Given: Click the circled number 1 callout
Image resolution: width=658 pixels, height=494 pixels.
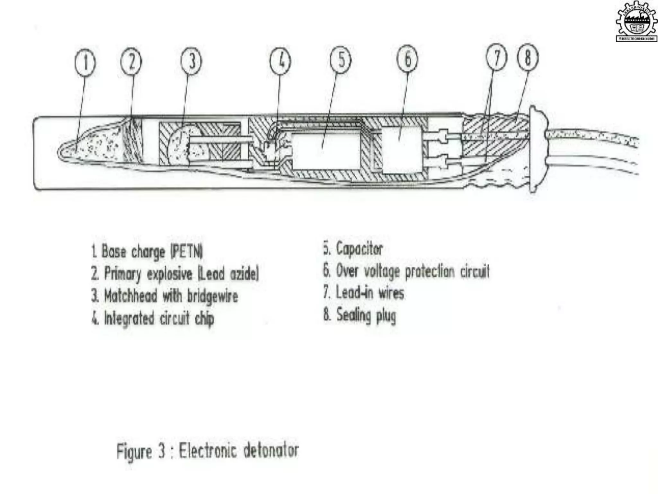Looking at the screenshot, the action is (x=85, y=62).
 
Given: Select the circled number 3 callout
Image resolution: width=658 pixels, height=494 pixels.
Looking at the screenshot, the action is (x=191, y=61).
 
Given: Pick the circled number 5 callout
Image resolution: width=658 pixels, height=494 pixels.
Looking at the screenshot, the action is (x=341, y=60).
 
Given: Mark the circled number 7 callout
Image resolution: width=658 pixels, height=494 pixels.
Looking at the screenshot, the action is (x=497, y=58).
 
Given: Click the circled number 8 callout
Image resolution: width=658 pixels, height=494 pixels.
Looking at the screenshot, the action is (x=528, y=57).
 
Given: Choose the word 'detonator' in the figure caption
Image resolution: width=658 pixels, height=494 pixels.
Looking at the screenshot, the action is (x=271, y=450).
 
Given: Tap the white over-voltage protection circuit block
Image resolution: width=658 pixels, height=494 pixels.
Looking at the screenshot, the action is (x=401, y=150).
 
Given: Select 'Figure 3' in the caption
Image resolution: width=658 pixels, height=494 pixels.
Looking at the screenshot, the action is (x=140, y=451).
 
